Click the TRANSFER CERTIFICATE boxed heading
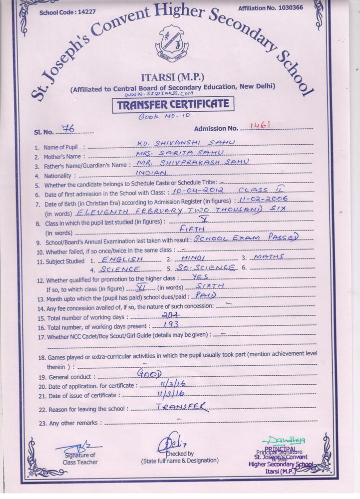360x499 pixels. (173, 105)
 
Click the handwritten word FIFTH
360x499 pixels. (192, 229)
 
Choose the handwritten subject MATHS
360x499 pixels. (269, 257)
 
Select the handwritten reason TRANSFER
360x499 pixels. (181, 407)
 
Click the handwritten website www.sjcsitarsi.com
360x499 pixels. (159, 93)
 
